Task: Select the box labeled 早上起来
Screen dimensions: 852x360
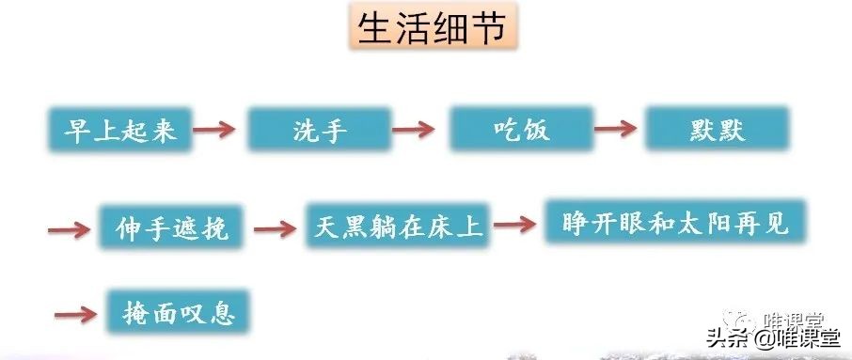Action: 118,131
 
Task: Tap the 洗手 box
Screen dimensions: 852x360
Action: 319,131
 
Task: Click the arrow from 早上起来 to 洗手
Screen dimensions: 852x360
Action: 220,130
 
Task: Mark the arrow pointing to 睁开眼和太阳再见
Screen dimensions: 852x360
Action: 514,224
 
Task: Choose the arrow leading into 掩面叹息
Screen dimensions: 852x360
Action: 77,313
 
